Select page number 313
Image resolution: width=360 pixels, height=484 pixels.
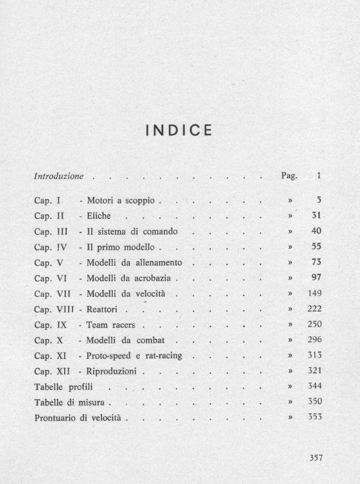[314, 356]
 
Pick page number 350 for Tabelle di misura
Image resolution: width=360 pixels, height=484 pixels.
[314, 402]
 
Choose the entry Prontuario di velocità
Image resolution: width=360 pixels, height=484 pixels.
[78, 418]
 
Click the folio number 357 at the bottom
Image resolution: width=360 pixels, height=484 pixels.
[315, 457]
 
